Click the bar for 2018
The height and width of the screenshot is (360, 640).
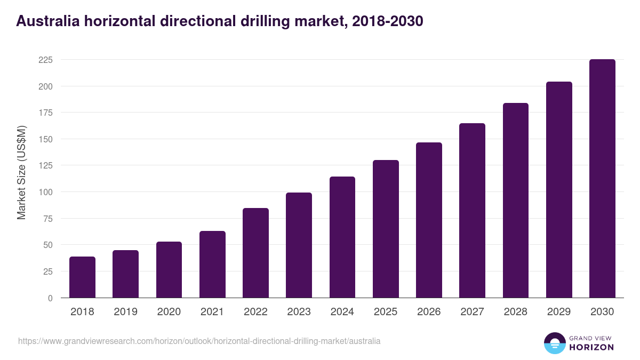[x=82, y=277]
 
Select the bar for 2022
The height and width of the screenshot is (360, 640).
[x=255, y=253]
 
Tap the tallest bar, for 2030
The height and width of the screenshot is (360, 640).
[x=602, y=179]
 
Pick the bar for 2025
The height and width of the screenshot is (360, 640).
[x=386, y=229]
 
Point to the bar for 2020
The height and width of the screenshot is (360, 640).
[x=169, y=270]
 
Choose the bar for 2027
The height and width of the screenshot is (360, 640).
[x=472, y=211]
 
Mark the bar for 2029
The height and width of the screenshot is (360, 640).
[x=559, y=190]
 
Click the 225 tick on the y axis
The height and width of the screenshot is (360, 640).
[x=45, y=60]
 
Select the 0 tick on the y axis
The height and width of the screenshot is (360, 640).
[x=50, y=298]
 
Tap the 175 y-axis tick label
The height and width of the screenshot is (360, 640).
[x=45, y=113]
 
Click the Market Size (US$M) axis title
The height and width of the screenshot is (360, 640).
[x=21, y=172]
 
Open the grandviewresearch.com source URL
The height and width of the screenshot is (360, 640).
[x=199, y=341]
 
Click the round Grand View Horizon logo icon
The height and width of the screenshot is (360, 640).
[x=554, y=343]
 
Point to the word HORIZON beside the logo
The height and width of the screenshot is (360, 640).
[x=591, y=347]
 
